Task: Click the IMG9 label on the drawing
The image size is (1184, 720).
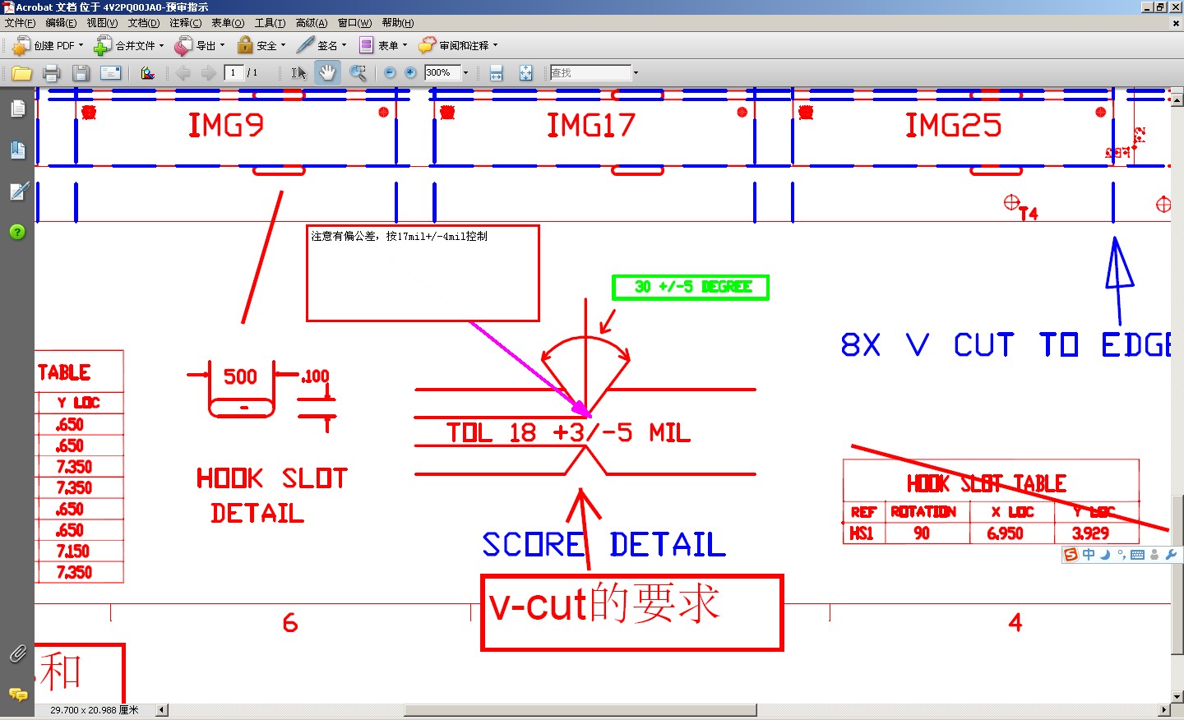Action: pyautogui.click(x=226, y=125)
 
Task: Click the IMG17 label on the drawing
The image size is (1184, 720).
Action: pyautogui.click(x=591, y=125)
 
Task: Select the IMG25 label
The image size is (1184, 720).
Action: pyautogui.click(x=953, y=125)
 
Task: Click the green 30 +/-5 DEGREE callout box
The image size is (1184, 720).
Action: pyautogui.click(x=691, y=287)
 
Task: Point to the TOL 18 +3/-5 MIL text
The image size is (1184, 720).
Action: pyautogui.click(x=568, y=432)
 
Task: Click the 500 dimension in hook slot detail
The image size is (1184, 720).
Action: pyautogui.click(x=240, y=376)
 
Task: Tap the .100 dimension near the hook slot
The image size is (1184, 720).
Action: pyautogui.click(x=315, y=376)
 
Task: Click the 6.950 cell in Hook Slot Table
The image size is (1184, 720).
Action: pyautogui.click(x=1005, y=533)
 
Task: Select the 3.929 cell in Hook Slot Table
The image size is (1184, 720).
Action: pyautogui.click(x=1090, y=533)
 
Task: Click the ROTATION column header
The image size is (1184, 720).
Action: pyautogui.click(x=923, y=512)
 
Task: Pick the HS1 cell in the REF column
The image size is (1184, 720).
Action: pyautogui.click(x=861, y=533)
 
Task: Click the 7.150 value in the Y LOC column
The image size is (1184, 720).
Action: pyautogui.click(x=73, y=551)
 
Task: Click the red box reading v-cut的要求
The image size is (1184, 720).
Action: pyautogui.click(x=631, y=612)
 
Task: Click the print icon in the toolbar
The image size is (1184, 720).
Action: pyautogui.click(x=51, y=73)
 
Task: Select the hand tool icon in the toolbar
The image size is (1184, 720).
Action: pyautogui.click(x=327, y=72)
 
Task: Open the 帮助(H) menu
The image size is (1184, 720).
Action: pyautogui.click(x=397, y=23)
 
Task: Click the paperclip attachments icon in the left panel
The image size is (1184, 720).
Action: pyautogui.click(x=17, y=653)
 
